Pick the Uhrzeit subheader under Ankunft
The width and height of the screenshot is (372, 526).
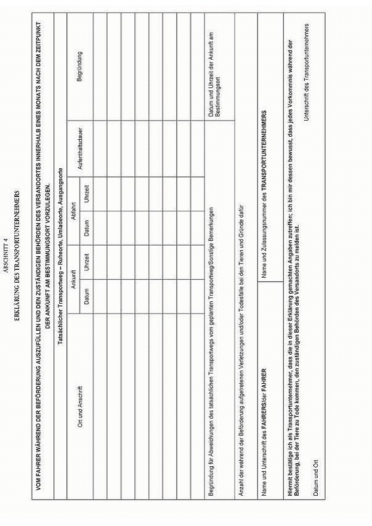[87, 245]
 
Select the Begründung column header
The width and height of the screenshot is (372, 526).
[79, 64]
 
